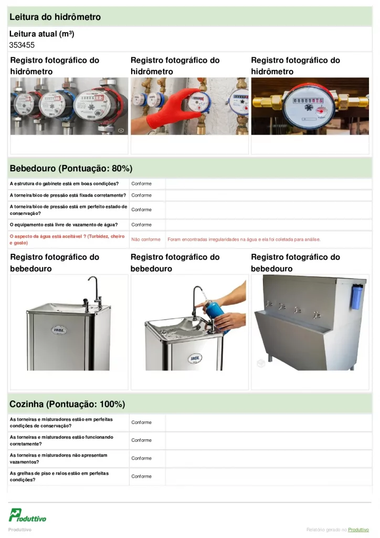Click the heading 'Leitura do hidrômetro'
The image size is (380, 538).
[x=55, y=17]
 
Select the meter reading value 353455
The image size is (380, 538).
[x=22, y=45]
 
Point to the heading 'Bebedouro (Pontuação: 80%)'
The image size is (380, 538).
[x=71, y=169]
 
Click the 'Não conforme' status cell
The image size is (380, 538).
[x=146, y=240]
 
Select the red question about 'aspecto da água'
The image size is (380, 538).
[x=67, y=240]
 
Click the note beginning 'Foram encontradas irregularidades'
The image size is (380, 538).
[x=244, y=240]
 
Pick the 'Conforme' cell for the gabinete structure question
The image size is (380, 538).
[x=142, y=184]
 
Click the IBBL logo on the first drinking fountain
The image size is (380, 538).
[x=59, y=330]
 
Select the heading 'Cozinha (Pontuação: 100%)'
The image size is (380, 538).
[x=67, y=405]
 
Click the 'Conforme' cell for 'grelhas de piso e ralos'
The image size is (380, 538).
[x=142, y=477]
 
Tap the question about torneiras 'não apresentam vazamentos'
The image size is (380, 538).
[x=59, y=458]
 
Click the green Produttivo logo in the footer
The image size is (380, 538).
[x=27, y=515]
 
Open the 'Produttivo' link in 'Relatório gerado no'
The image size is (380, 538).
[x=359, y=530]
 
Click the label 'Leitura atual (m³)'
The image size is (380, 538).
[x=41, y=34]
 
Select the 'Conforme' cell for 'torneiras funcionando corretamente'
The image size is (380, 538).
[x=142, y=440]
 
